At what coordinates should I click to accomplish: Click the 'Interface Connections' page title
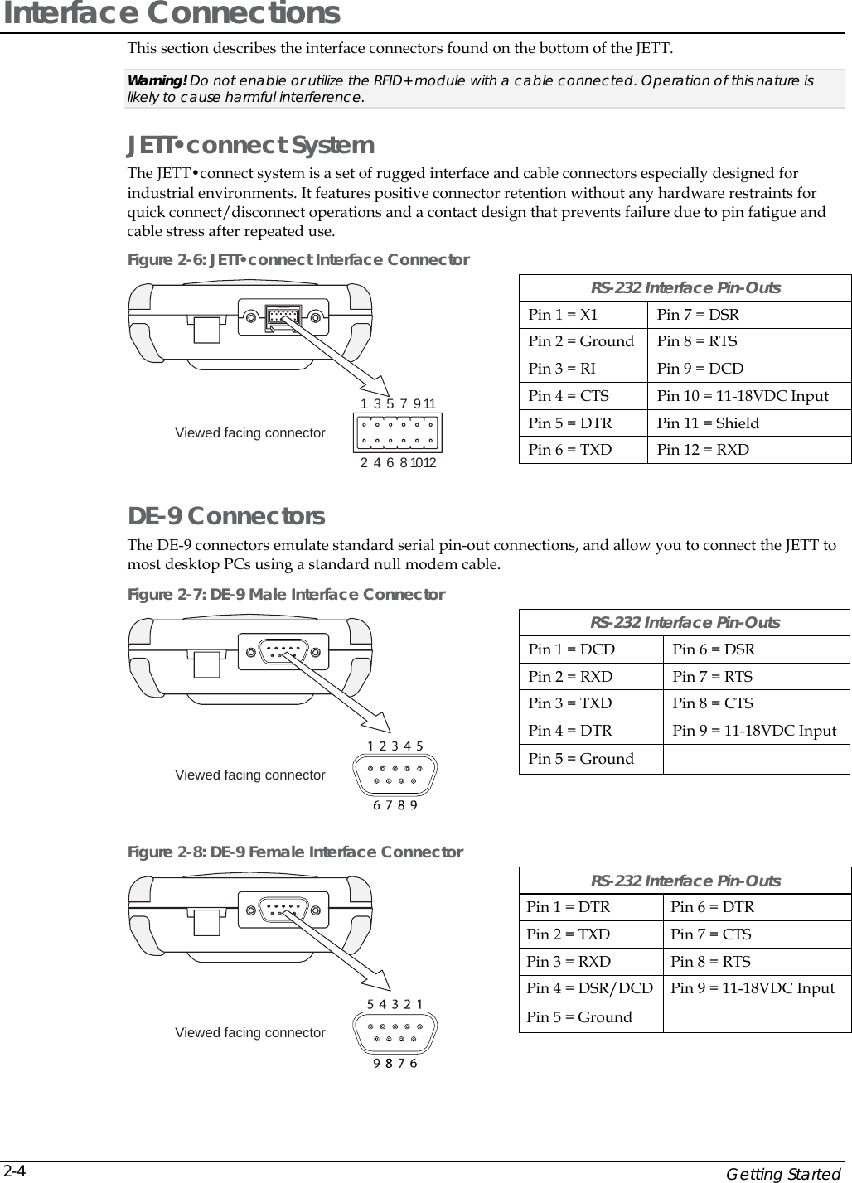coord(170,14)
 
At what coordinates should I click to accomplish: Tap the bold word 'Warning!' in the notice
coord(157,80)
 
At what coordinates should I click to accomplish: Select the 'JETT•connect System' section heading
coord(250,145)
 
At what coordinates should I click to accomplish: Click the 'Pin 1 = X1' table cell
coord(563,315)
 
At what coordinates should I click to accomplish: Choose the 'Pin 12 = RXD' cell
coord(702,450)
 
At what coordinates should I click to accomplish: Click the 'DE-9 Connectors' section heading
coord(225,516)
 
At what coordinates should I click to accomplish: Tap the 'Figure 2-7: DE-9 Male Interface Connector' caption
coord(286,595)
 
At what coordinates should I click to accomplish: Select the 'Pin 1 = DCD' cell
coord(571,649)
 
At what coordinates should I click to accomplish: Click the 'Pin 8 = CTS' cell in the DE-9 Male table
coord(712,703)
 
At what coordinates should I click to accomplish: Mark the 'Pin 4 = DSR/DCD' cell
coord(589,988)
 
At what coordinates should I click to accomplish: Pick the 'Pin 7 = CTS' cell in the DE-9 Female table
coord(710,934)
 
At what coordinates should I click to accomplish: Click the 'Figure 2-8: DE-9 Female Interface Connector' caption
coord(295,852)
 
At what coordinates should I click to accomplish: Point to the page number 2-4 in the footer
coord(14,1171)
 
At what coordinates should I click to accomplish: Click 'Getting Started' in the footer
coord(783,1174)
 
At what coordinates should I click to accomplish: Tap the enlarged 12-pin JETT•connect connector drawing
coord(397,433)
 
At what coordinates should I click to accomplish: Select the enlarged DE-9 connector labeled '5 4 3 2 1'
coord(395,1033)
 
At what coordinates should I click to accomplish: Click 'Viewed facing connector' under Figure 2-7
coord(249,775)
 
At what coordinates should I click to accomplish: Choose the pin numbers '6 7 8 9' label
coord(395,805)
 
